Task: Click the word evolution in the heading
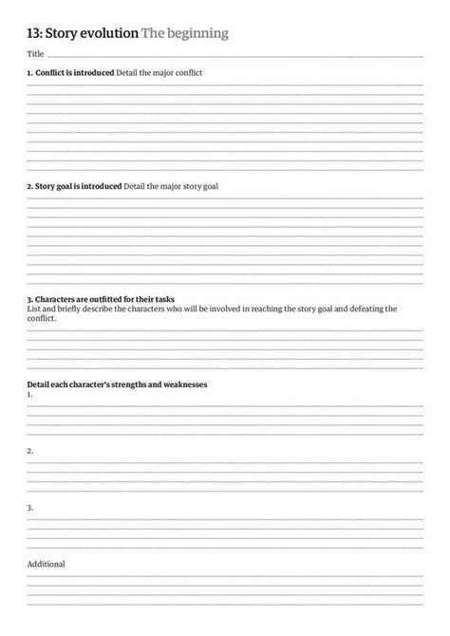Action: (107, 34)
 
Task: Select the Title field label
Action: (35, 56)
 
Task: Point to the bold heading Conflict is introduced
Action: (70, 72)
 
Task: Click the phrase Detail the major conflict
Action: (159, 72)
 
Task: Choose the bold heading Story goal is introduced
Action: (74, 186)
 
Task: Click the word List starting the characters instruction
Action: (33, 309)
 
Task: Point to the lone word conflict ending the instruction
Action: (42, 318)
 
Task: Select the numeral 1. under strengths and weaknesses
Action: (30, 393)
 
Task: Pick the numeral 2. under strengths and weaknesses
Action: (30, 450)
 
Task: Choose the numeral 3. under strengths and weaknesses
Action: (30, 507)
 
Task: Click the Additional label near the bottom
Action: (46, 564)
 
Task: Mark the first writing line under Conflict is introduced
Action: (225, 84)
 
